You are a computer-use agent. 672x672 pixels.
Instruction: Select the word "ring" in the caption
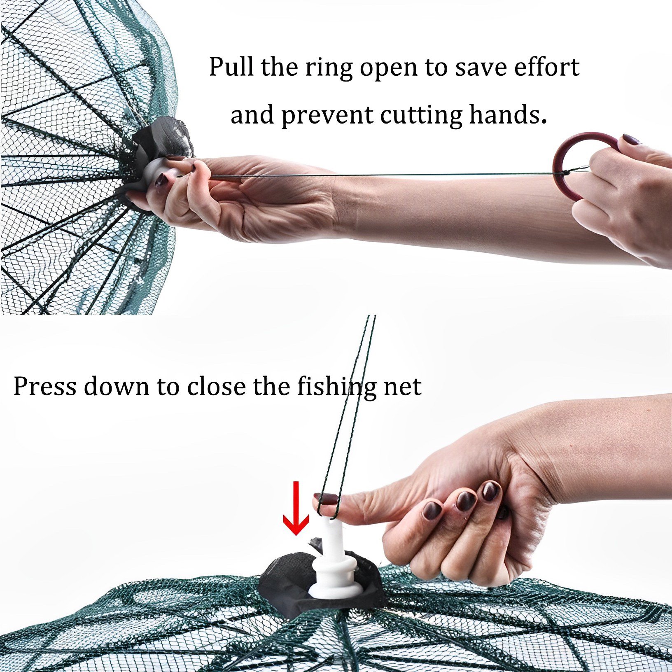click(329, 68)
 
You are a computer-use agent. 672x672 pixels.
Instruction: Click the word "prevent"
click(327, 116)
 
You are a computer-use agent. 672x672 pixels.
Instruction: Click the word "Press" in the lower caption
click(44, 387)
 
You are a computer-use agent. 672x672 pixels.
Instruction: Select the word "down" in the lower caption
click(116, 387)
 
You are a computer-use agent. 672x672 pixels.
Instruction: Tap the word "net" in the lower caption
click(402, 387)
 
